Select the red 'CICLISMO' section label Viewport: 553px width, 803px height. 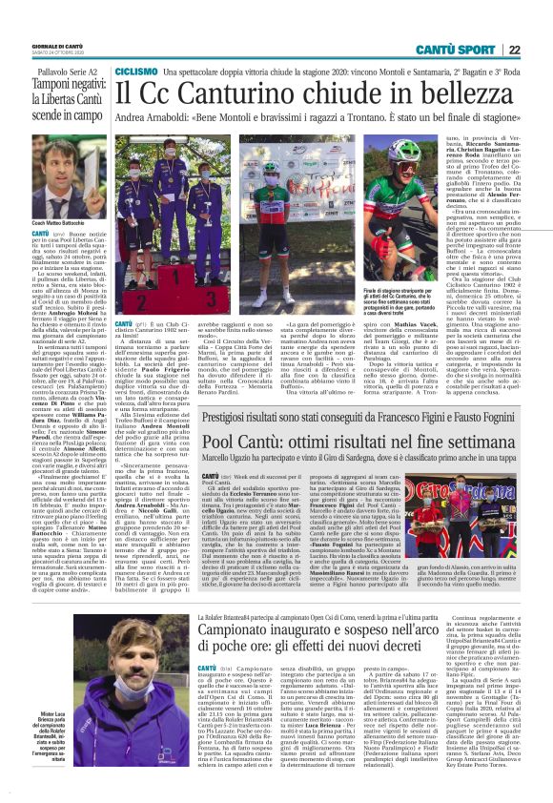pos(134,72)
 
